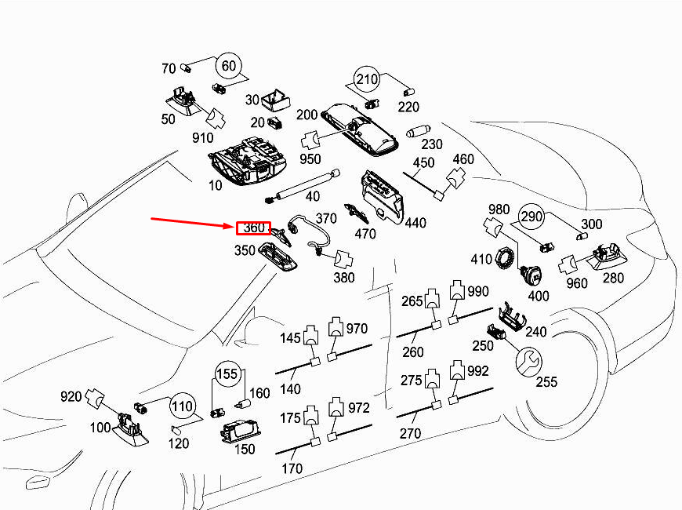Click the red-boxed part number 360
point(254,228)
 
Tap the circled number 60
point(229,66)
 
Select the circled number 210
point(367,79)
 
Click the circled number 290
point(531,216)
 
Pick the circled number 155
point(227,373)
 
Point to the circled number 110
point(182,406)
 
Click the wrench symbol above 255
point(528,361)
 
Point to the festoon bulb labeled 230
point(419,132)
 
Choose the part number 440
point(415,223)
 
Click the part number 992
point(477,371)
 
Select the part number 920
point(71,396)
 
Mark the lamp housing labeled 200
point(360,129)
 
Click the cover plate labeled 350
point(278,256)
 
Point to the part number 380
point(344,278)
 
